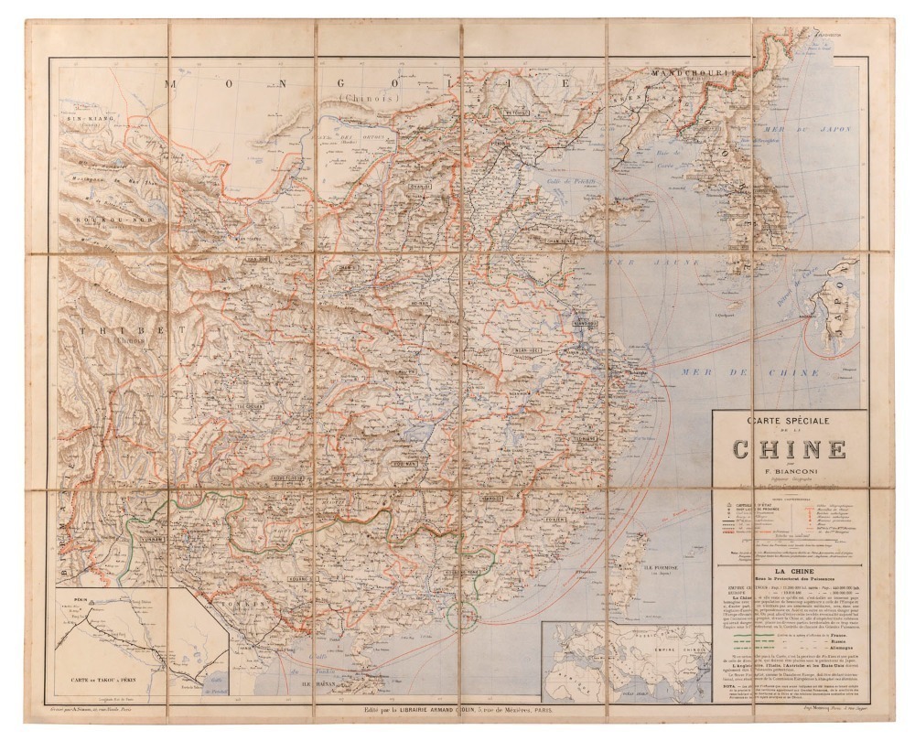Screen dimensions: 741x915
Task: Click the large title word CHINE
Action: click(x=788, y=450)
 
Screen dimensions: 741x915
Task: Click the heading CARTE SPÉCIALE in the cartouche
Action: click(x=788, y=423)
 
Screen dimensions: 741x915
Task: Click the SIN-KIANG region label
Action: click(x=80, y=119)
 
